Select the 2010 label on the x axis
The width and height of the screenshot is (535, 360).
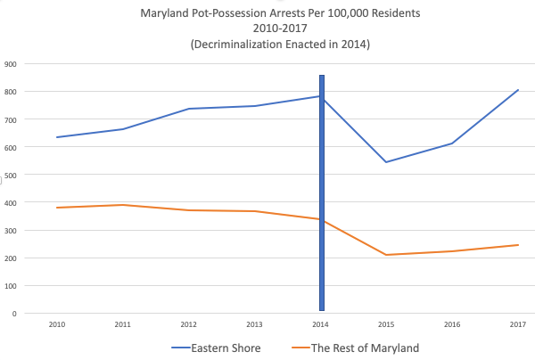(x=57, y=324)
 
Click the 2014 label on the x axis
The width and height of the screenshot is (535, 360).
(x=321, y=324)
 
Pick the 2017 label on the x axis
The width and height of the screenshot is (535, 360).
(x=518, y=324)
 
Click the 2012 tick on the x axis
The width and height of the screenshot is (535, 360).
(x=189, y=324)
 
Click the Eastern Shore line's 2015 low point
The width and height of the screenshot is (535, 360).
(x=387, y=162)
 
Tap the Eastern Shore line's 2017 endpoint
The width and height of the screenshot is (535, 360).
(x=518, y=90)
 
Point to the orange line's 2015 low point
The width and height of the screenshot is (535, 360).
(x=387, y=255)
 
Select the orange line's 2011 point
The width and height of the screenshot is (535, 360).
(x=123, y=205)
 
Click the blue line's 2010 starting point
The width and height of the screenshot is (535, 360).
(x=57, y=137)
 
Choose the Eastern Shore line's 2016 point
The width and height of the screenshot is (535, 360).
(x=452, y=143)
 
